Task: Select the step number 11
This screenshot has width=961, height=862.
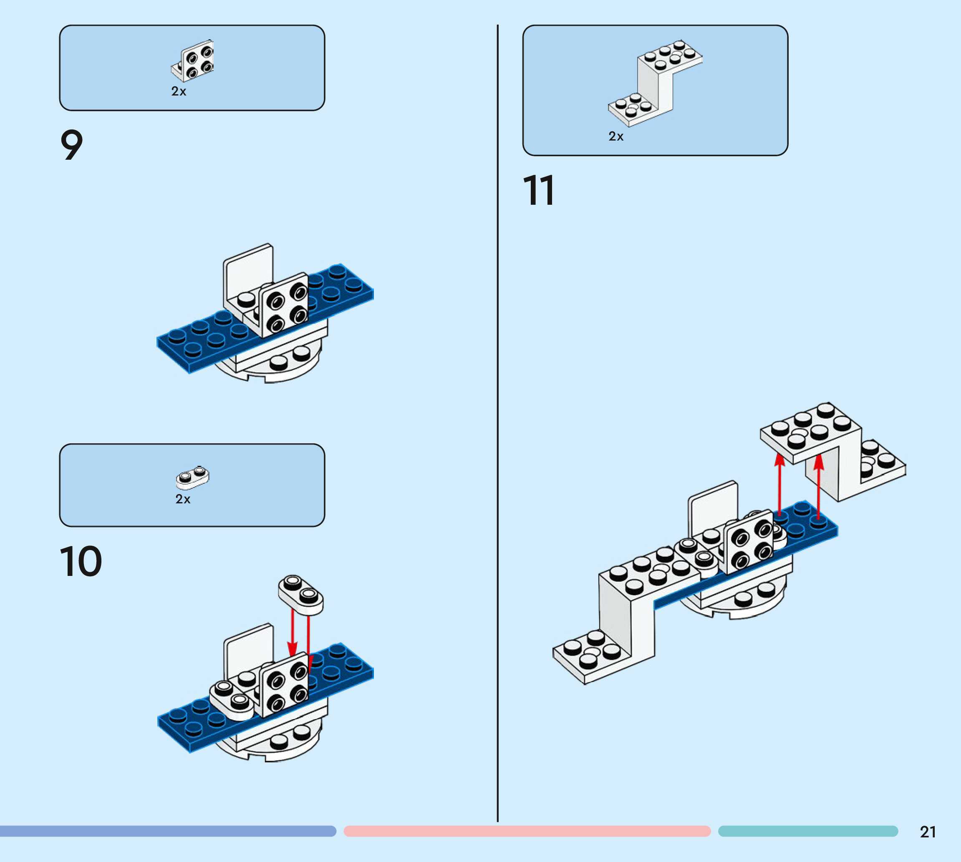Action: [x=538, y=191]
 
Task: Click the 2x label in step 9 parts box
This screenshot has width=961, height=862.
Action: [x=179, y=91]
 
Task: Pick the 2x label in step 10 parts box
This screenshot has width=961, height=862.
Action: [x=183, y=499]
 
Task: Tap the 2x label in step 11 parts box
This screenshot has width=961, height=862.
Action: [x=615, y=136]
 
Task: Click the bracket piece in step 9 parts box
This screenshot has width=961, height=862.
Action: [x=193, y=60]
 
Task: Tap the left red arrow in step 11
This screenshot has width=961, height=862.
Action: [x=779, y=483]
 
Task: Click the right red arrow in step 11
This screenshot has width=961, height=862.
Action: [x=818, y=485]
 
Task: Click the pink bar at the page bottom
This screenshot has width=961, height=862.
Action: [x=527, y=831]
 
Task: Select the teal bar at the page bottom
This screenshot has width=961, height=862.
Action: [x=807, y=831]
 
